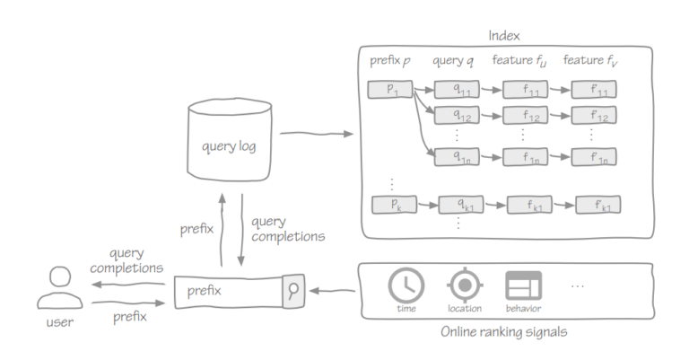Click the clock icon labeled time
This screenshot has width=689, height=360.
click(x=406, y=285)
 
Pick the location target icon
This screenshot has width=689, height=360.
click(x=464, y=285)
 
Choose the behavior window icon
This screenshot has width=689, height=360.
click(x=524, y=285)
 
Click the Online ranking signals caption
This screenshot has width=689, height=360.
click(x=504, y=332)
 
